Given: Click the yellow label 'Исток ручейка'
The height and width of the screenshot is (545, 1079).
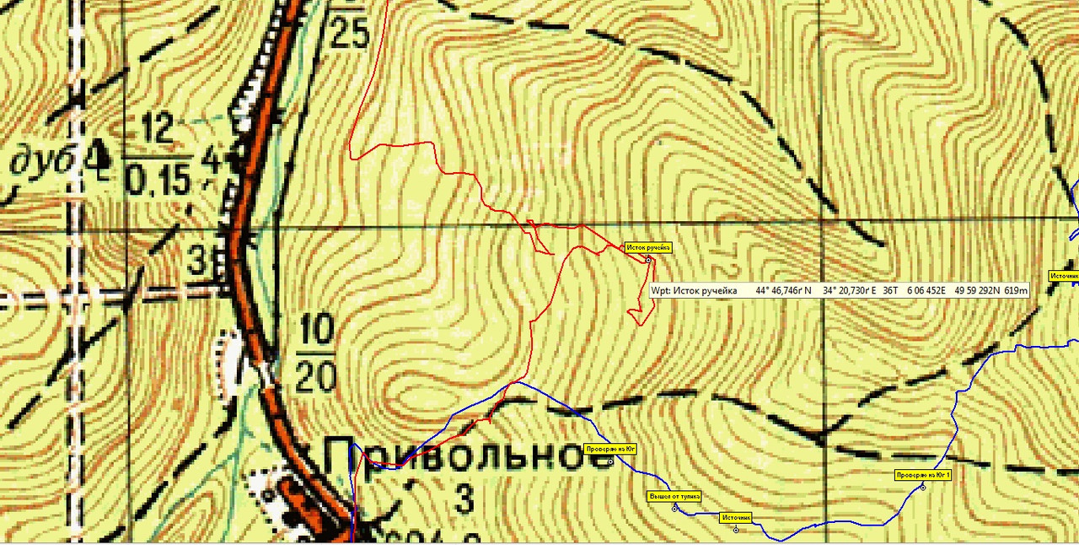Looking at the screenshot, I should pos(648,247).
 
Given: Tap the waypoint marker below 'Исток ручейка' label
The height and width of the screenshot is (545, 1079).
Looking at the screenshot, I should pos(648,260).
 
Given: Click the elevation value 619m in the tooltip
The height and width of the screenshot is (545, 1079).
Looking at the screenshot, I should pos(1017,290).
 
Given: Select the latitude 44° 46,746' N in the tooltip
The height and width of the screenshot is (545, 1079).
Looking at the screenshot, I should pos(783,290).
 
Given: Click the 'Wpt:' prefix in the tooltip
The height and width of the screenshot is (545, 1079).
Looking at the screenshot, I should pos(662,290).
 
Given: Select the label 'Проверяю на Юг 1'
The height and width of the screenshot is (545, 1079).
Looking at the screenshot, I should pos(923,475).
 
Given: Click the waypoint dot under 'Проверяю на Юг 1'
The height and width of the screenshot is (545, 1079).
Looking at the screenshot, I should pos(923,488).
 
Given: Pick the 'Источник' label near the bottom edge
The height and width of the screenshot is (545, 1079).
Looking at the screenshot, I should pos(736,517).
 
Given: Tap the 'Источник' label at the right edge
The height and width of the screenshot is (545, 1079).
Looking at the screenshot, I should pos(1063,275).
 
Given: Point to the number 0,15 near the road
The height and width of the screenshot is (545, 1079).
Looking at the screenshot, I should pos(161,179).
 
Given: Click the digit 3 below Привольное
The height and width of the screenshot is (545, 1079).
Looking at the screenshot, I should pos(464,499).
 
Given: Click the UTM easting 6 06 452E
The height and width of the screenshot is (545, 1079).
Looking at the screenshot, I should pos(926,290).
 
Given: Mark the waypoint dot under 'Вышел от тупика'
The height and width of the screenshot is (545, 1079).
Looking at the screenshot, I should pos(674,509).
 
